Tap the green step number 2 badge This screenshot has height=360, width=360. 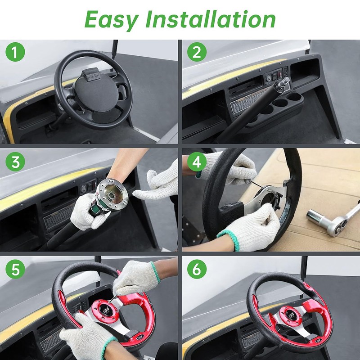[x=196, y=53]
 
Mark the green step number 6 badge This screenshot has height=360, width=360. [x=196, y=270]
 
